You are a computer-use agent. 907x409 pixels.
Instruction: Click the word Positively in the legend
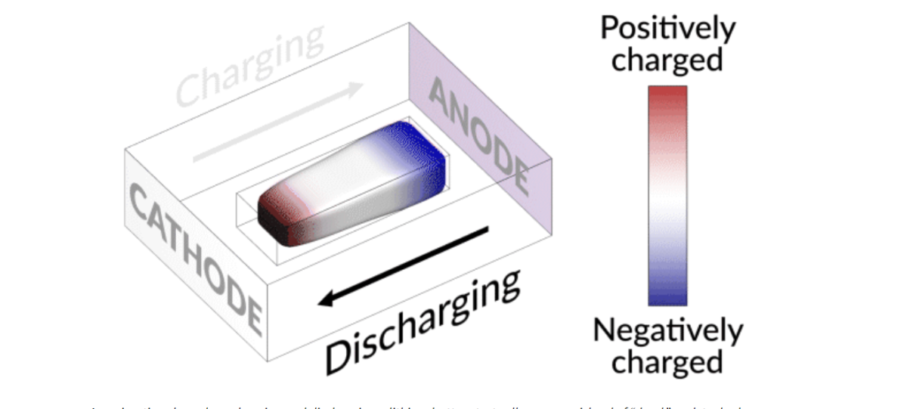coord(667,29)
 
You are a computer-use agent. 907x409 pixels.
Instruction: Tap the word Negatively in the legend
coord(667,330)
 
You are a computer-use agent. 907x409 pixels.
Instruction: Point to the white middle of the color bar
coord(667,195)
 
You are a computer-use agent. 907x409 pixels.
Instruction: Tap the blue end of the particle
coord(419,147)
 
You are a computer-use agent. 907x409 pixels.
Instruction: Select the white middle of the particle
coord(348,181)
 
